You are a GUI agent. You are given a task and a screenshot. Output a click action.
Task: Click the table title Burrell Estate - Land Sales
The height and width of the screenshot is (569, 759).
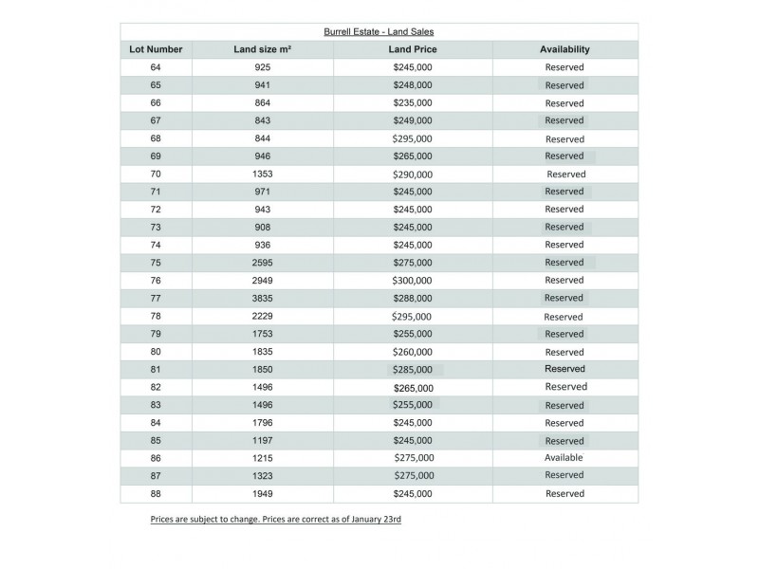point(379,31)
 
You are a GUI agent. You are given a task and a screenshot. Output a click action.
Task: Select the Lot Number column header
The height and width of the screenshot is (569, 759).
point(156,49)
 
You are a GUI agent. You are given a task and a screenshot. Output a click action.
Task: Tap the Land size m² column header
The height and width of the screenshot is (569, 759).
point(262,49)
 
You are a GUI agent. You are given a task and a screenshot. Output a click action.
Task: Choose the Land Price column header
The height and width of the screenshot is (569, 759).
point(412,49)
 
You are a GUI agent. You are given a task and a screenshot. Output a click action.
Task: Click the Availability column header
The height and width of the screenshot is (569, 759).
point(565,49)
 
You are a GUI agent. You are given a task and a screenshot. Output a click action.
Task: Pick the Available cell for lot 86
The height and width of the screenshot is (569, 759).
point(564,457)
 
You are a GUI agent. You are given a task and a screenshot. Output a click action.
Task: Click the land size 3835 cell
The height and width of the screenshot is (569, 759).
point(263,298)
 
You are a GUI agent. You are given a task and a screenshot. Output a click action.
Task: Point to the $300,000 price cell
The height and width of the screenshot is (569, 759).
point(412,281)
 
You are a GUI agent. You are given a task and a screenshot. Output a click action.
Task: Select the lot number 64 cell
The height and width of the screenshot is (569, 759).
point(156,67)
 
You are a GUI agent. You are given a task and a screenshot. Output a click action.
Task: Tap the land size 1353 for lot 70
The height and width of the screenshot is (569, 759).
point(263,174)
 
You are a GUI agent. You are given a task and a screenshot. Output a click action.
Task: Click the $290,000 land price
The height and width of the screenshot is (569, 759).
point(413,174)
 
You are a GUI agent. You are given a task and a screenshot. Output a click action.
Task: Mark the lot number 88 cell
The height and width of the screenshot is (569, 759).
point(156,493)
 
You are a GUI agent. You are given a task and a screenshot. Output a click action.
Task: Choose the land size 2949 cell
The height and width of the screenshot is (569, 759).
point(263,281)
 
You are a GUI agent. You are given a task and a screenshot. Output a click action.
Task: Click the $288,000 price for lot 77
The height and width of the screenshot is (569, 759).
point(413,298)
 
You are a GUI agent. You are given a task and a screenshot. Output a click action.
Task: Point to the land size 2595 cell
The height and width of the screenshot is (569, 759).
point(263,263)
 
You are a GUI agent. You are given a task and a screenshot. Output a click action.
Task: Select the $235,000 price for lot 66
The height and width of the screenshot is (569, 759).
point(413,102)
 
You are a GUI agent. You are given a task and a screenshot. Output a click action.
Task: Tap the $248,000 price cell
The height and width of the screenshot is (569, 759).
point(413,85)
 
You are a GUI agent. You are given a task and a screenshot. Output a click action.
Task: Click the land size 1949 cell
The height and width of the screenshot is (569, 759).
point(263,493)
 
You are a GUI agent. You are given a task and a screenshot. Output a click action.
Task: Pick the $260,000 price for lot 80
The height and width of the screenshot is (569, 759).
point(413,352)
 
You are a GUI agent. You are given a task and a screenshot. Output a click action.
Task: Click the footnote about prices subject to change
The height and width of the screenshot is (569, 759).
point(275,520)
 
